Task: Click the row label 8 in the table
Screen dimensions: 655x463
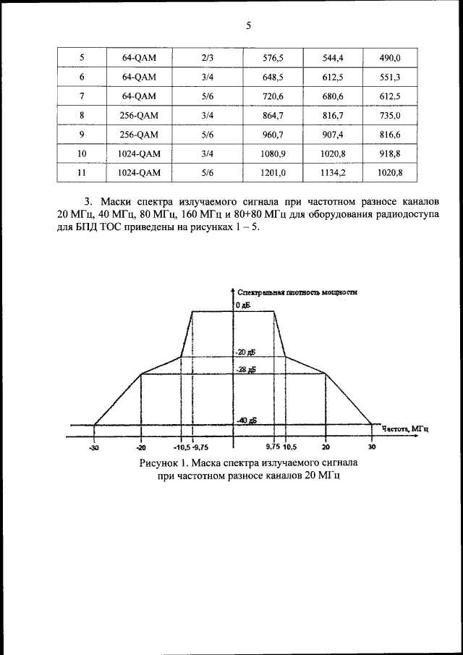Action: [82, 114]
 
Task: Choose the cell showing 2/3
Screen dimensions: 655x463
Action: [207, 56]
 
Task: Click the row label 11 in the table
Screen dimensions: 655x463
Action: [82, 172]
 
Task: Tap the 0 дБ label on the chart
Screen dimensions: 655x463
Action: [243, 306]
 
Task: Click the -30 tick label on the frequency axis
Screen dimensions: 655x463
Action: [95, 447]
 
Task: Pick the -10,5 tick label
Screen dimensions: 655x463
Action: [182, 447]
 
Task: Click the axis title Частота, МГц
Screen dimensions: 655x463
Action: [406, 428]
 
